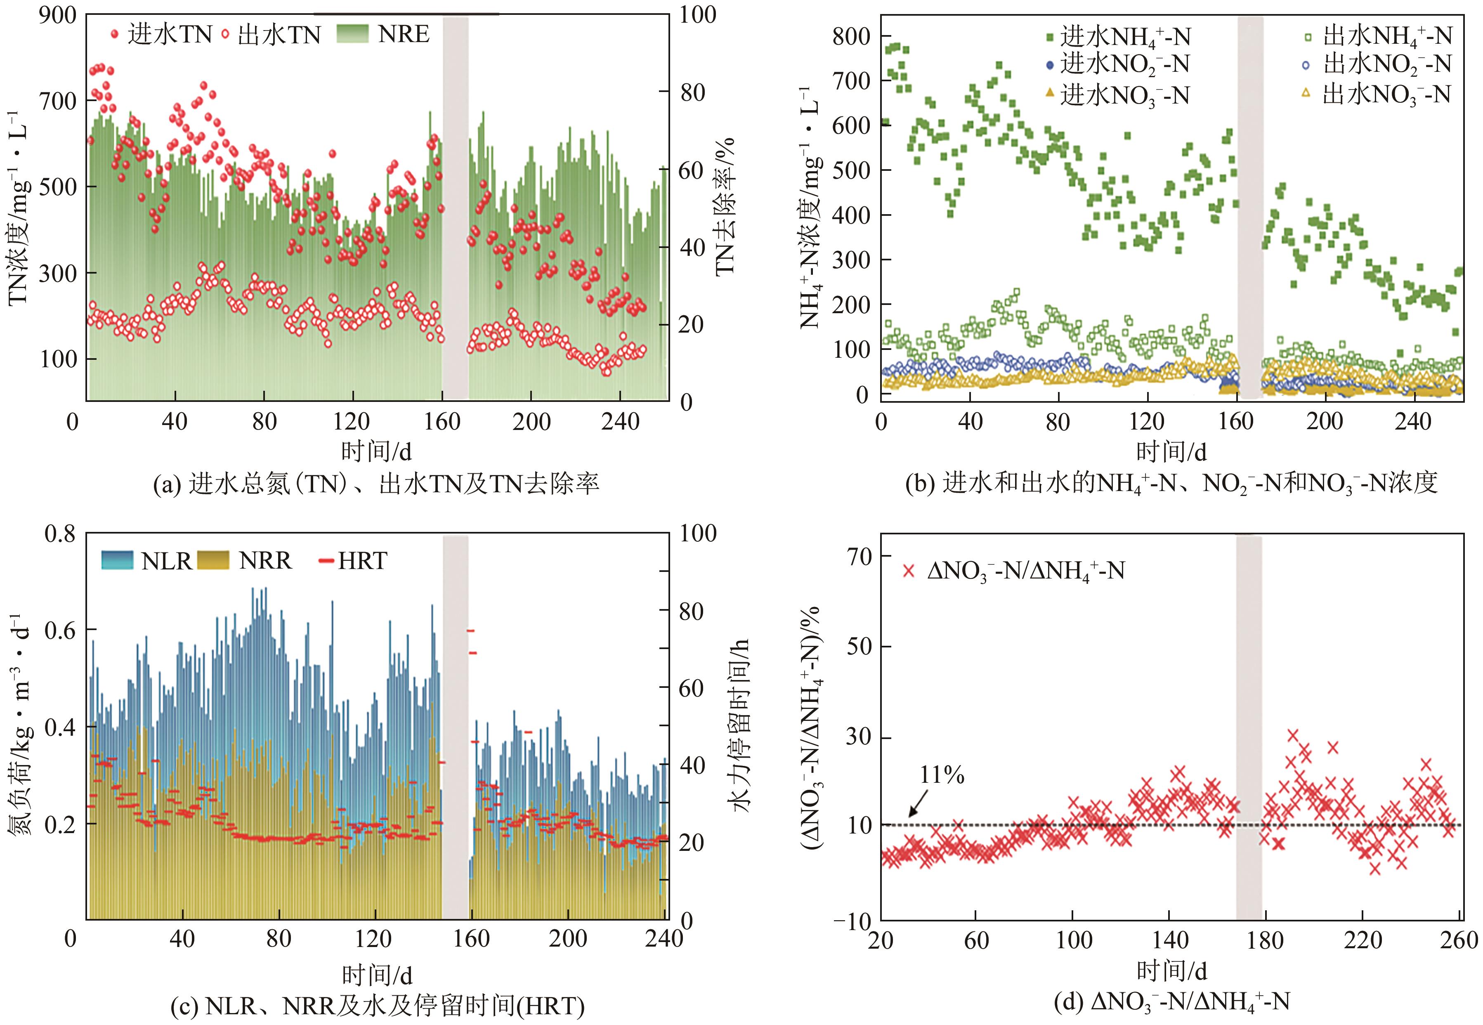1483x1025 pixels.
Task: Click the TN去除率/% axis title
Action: coord(725,205)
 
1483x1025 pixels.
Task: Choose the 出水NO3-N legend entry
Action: coord(1378,95)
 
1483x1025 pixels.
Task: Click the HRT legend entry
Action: coord(353,561)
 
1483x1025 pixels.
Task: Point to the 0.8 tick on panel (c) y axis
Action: coord(59,534)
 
